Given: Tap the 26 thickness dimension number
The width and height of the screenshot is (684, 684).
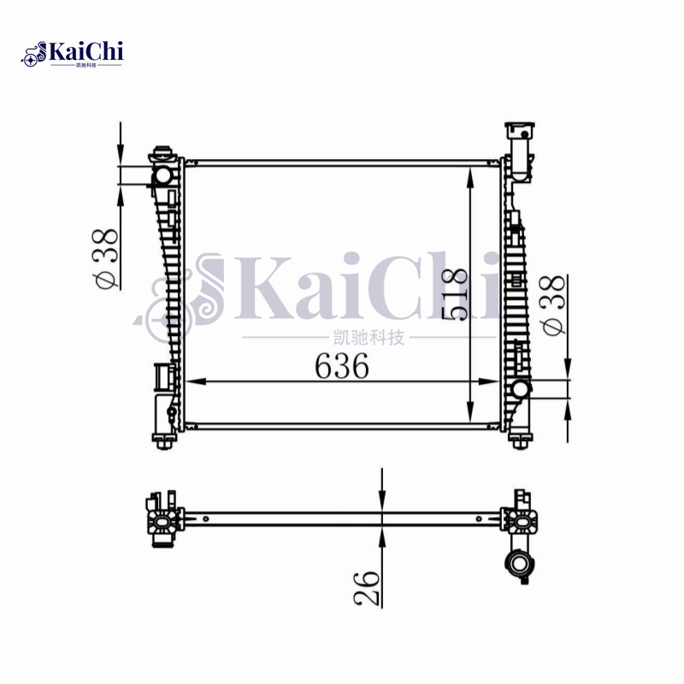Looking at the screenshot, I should click(x=367, y=587).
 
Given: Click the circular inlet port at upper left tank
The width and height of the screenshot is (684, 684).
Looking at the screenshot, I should click(x=162, y=175).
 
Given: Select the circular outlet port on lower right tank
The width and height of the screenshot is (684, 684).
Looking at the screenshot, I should click(x=521, y=390).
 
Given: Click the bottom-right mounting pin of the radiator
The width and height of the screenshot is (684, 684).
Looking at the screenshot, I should click(x=519, y=439).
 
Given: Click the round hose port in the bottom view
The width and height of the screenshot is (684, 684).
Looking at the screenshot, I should click(x=518, y=563).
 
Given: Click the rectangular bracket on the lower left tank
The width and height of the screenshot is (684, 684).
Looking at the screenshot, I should click(x=162, y=377).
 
